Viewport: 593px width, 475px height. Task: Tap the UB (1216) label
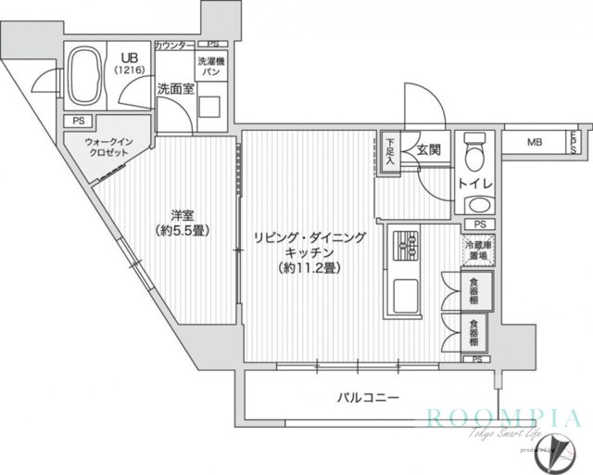124,61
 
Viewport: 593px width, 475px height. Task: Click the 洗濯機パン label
208,66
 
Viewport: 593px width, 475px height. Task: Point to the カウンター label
174,44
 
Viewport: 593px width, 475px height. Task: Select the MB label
535,142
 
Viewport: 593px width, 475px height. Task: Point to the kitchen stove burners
407,244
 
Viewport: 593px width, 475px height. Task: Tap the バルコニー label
368,398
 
